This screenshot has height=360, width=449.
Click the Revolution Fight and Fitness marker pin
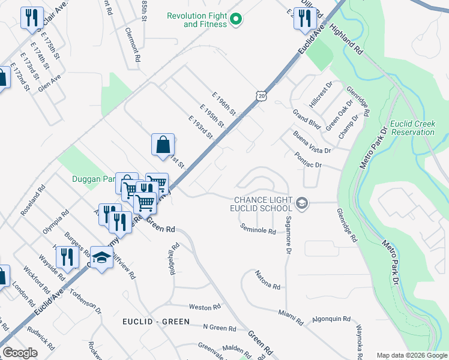point(236,20)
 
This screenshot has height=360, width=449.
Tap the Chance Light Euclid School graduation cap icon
point(302,204)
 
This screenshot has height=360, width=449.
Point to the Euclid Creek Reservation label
point(412,127)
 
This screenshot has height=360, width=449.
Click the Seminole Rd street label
point(258,229)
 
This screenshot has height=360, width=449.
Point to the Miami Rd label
point(291,314)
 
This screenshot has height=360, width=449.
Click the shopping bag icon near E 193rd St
point(163,145)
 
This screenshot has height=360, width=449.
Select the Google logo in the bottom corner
point(20,353)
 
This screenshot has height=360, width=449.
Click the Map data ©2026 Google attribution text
point(412,355)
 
